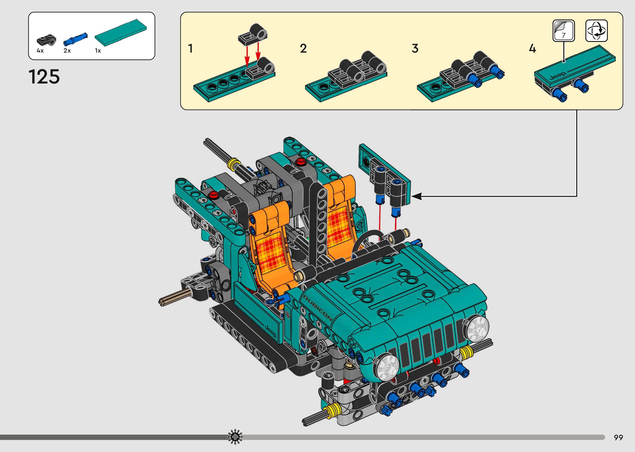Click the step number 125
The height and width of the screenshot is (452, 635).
(44, 77)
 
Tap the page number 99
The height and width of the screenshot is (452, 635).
(618, 437)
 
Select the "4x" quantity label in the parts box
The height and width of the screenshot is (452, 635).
(40, 51)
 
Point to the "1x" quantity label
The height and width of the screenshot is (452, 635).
(98, 51)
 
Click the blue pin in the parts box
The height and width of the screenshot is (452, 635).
(75, 39)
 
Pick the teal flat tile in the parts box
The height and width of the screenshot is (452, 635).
(121, 32)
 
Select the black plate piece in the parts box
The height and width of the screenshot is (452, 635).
(46, 40)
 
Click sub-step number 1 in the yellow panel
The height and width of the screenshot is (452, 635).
(190, 48)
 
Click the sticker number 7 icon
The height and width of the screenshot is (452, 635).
(564, 31)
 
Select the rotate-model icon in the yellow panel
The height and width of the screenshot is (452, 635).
(596, 31)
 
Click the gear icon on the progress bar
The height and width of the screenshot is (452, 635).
(235, 436)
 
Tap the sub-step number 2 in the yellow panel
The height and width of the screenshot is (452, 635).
(303, 48)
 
